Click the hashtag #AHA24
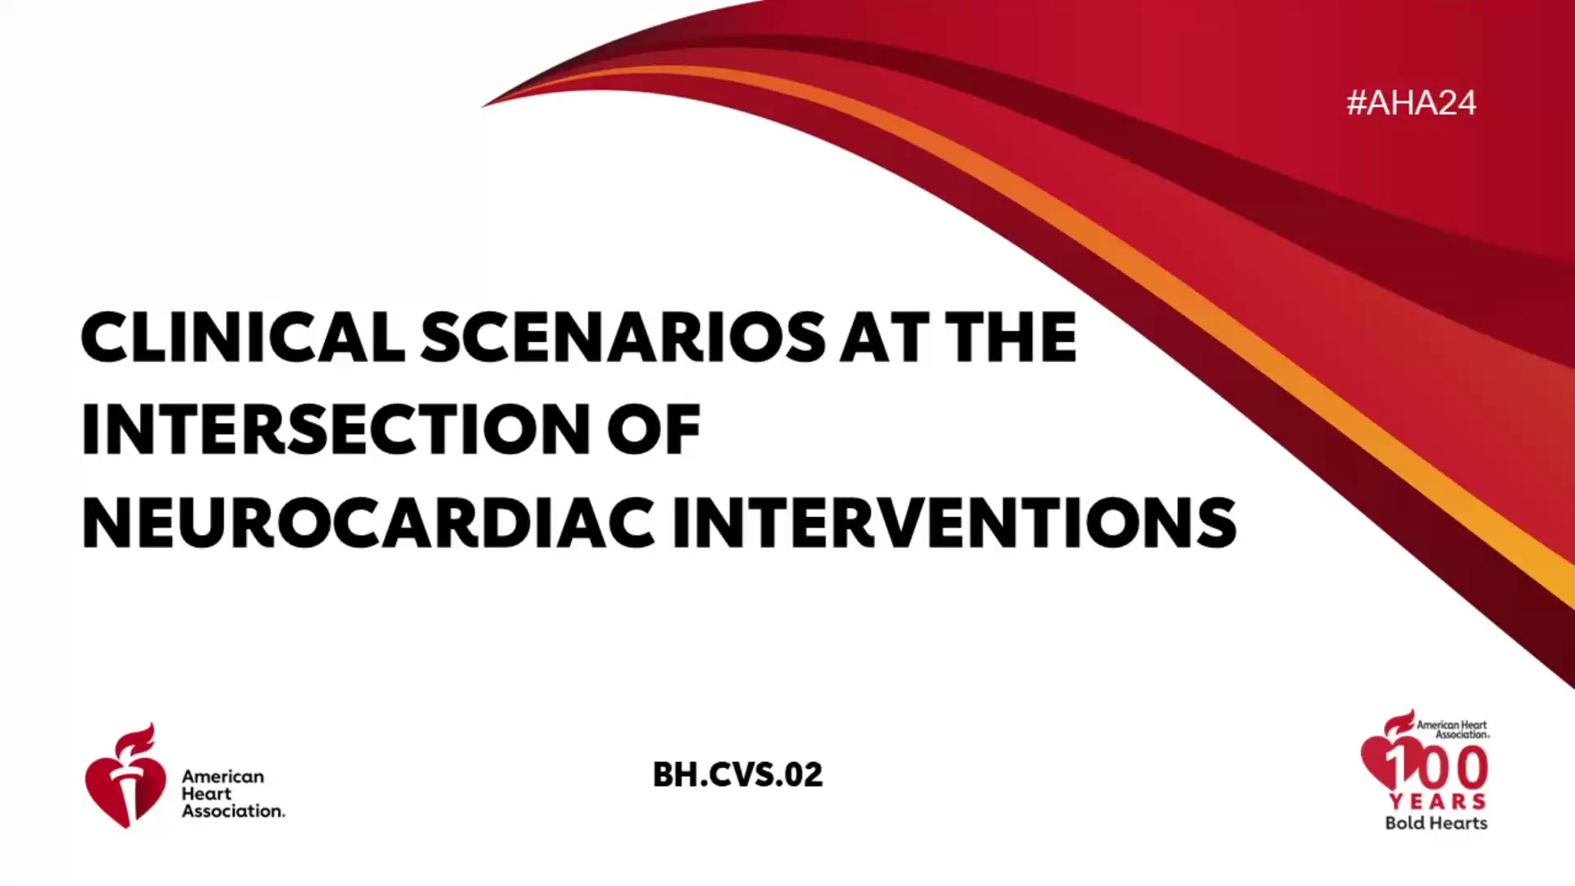[1411, 103]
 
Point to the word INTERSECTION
[335, 429]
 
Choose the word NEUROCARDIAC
[368, 523]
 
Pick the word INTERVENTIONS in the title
[954, 523]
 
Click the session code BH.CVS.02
[737, 774]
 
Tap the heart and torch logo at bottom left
[125, 775]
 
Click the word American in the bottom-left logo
[223, 776]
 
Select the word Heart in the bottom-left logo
[207, 793]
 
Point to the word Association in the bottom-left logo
[234, 811]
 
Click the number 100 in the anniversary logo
[1437, 768]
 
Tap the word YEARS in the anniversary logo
[1437, 801]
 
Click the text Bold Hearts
[1436, 823]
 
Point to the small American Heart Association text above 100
[1453, 729]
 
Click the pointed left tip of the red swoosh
[482, 106]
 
